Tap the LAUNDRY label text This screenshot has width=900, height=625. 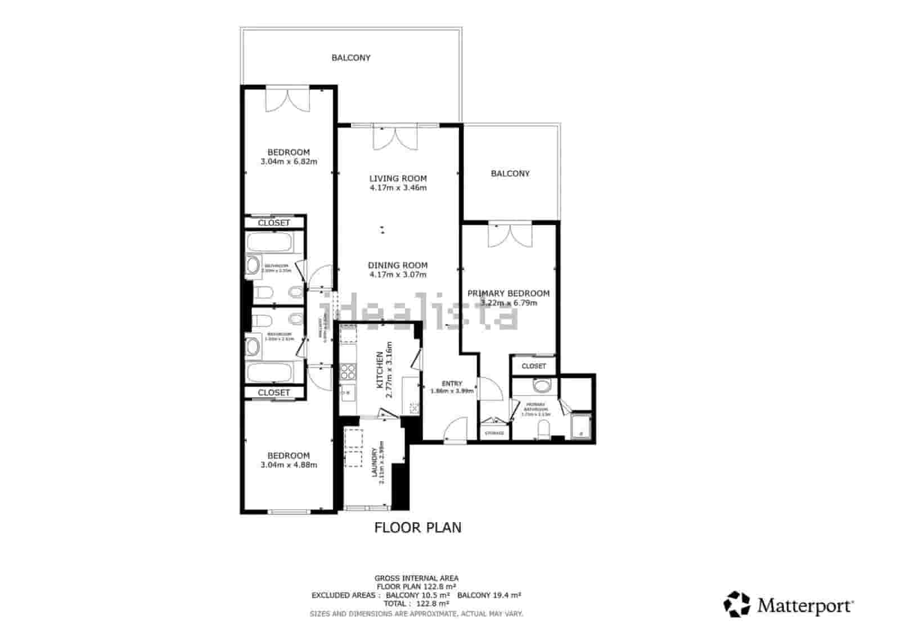click(375, 462)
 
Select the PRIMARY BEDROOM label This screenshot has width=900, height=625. click(508, 293)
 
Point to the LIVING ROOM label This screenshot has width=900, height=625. click(398, 178)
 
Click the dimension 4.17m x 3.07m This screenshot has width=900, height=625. click(398, 275)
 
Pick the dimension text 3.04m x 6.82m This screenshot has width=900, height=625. click(289, 162)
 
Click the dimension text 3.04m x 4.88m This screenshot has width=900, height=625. click(289, 465)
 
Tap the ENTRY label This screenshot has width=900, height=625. click(452, 384)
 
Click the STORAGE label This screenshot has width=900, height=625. click(494, 433)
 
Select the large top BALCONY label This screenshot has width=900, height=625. click(350, 57)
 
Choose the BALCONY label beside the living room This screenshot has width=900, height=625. click(510, 173)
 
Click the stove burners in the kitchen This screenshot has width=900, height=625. click(348, 371)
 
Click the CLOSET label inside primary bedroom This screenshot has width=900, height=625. click(533, 366)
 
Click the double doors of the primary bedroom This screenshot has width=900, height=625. click(510, 236)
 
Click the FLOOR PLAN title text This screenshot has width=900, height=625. click(418, 527)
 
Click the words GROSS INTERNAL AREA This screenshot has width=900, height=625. click(416, 578)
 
